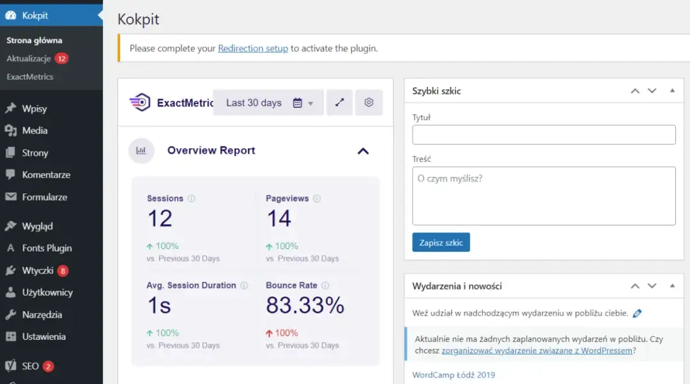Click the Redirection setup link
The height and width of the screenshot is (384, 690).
pos(253,49)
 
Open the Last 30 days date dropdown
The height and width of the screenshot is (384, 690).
pos(269,103)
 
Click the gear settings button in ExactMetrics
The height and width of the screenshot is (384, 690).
pos(369,103)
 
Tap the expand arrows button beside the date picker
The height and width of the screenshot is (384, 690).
pos(339,103)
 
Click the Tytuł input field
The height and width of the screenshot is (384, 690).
pos(544,135)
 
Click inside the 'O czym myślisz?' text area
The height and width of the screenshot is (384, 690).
pos(544,196)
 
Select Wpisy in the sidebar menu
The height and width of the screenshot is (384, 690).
pos(34,109)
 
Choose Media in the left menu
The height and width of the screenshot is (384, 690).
pos(34,130)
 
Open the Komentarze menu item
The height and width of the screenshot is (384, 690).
pos(46,174)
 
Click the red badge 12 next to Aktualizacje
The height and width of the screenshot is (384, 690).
pos(61,59)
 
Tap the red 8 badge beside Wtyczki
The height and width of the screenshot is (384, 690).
pos(63,270)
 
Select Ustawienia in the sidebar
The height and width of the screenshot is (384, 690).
pos(43,337)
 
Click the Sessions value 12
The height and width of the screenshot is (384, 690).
pos(160,219)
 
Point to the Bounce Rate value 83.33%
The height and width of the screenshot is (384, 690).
pos(305,306)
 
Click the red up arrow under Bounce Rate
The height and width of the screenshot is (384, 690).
pos(269,334)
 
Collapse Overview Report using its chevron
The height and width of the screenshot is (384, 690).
pos(363,151)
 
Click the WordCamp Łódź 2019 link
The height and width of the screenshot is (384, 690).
pos(454,375)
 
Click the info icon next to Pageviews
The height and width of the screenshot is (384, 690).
pos(317,199)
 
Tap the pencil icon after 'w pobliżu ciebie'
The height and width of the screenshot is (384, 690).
pos(637,314)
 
